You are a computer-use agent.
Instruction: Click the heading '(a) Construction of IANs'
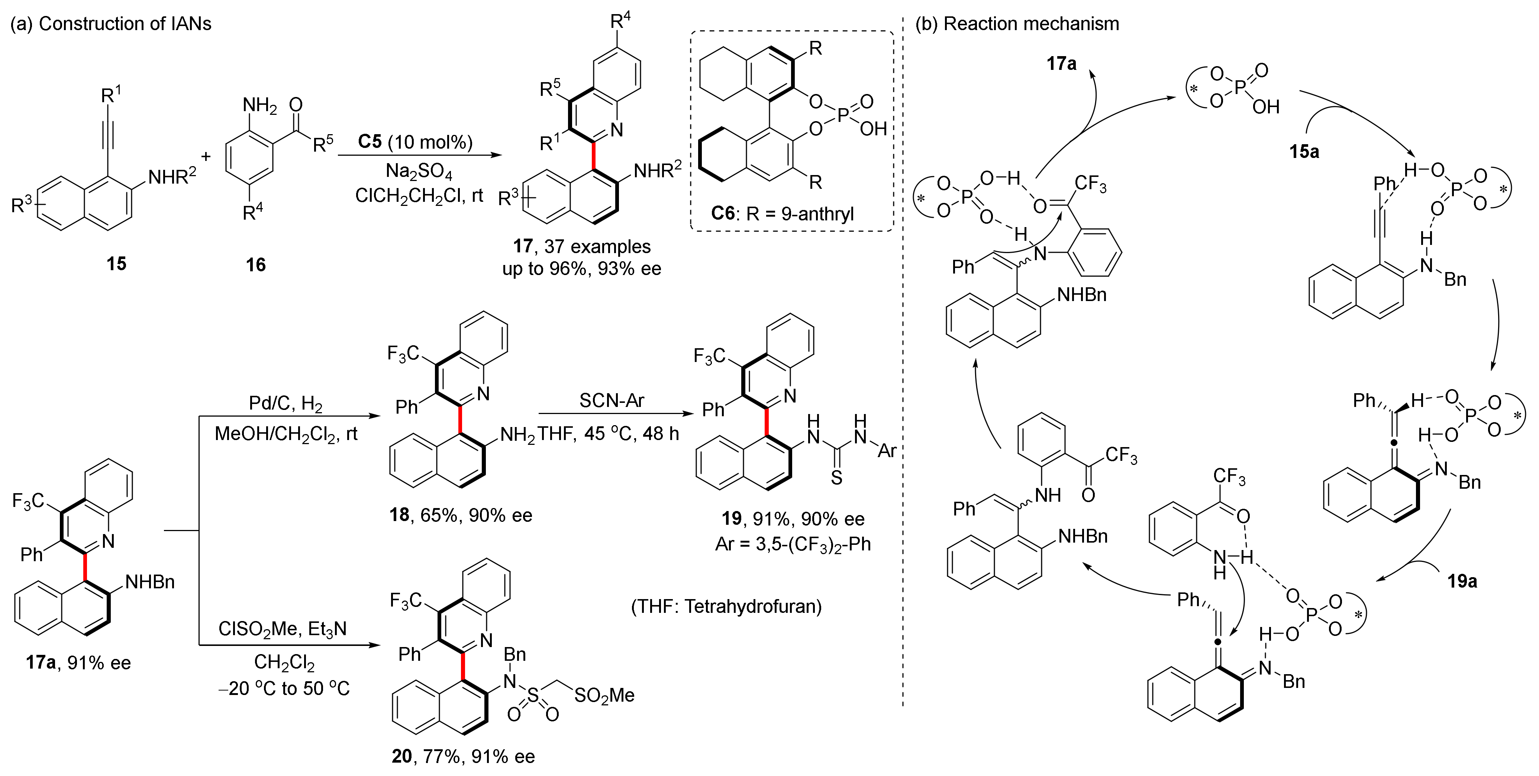pos(111,24)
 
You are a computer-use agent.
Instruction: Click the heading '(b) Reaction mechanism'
pos(1017,24)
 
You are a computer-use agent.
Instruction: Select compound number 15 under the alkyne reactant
pos(116,263)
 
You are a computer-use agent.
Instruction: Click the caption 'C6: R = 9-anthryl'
pos(782,213)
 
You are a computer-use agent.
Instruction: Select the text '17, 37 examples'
pos(581,246)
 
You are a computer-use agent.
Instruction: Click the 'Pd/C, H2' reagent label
pos(285,404)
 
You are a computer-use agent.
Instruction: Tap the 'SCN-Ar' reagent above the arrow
pos(612,400)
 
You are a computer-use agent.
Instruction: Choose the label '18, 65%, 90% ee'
pos(461,515)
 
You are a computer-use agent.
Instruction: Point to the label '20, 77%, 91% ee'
pos(463,756)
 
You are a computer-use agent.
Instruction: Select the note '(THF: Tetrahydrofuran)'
pos(726,607)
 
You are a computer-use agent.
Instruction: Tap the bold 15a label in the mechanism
pos(1304,152)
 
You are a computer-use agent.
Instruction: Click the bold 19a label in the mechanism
pos(1462,581)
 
